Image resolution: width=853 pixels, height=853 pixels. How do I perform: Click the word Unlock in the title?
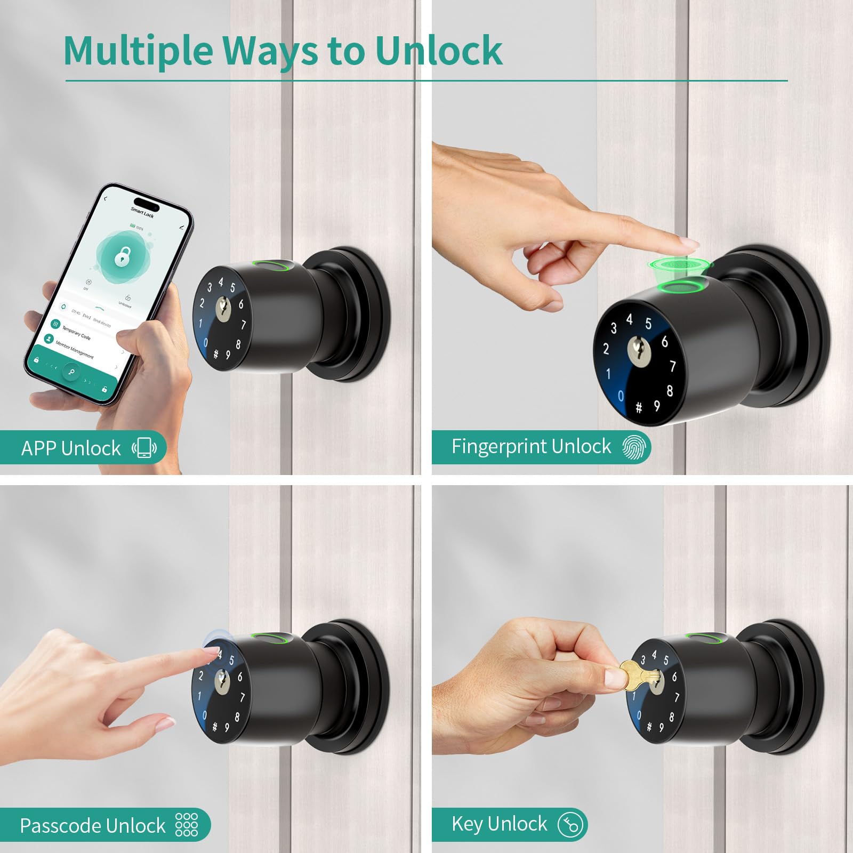click(438, 51)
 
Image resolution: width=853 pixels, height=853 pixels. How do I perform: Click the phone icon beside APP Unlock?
click(144, 448)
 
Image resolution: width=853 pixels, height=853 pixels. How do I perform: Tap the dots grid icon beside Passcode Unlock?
click(187, 825)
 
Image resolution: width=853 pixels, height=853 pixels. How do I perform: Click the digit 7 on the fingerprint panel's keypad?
click(672, 366)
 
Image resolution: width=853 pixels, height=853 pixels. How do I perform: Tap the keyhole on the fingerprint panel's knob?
click(636, 351)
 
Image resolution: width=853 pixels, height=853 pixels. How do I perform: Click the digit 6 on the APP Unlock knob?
click(241, 304)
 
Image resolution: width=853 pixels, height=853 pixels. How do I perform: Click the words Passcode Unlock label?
click(93, 825)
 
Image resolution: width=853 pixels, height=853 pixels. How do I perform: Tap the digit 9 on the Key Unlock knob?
click(661, 726)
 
